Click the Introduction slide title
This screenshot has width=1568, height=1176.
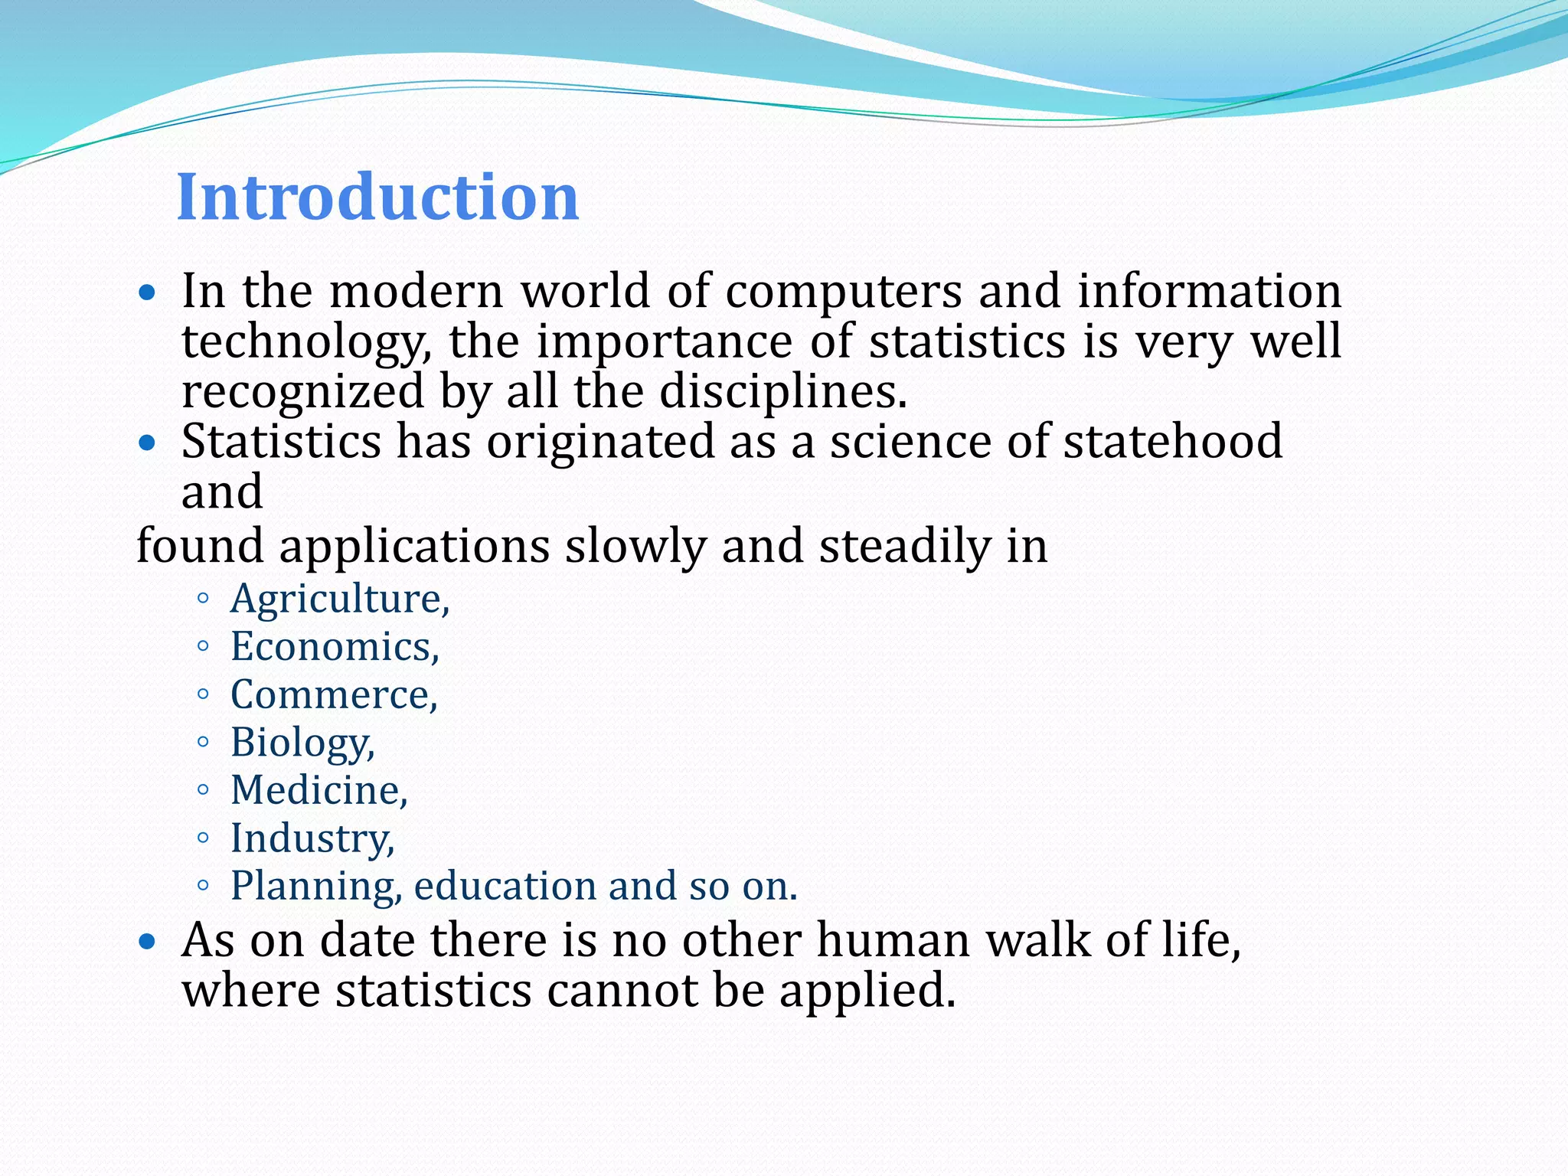[377, 197]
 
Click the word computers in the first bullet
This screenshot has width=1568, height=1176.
[843, 292]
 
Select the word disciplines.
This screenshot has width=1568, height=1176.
[782, 391]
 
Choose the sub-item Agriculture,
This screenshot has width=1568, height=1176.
[340, 599]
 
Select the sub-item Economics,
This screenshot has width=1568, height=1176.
[335, 647]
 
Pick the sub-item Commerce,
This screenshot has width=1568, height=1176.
[334, 695]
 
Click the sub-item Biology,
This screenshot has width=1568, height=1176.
[302, 743]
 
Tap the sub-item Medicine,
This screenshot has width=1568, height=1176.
[318, 790]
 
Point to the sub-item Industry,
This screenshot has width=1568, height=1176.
[312, 838]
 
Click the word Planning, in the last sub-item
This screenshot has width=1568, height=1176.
[316, 887]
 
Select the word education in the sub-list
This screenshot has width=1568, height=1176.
[506, 886]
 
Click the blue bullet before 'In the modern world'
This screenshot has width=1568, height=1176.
[148, 292]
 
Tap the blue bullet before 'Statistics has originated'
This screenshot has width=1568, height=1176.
[148, 443]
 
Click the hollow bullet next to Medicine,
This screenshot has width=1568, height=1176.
[202, 790]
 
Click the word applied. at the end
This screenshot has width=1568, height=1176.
[867, 991]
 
